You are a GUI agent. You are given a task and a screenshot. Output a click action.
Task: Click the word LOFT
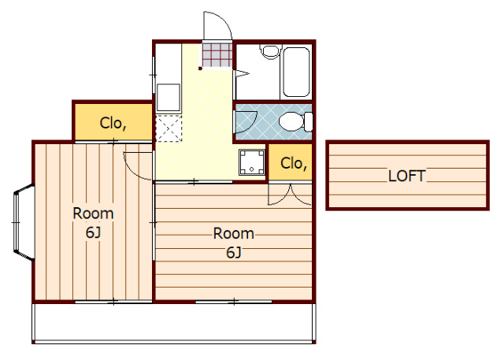coord(406,176)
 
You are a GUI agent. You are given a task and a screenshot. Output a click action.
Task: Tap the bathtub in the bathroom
coord(296,72)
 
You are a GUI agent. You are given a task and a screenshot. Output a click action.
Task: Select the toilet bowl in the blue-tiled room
coord(291,121)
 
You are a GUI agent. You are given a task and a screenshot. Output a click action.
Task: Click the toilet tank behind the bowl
coord(308,121)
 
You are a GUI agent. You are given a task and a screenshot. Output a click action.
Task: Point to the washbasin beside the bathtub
coord(270,52)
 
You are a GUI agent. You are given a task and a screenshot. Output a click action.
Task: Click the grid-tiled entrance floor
coord(217,55)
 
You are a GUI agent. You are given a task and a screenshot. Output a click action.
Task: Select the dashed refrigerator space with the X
coord(169,128)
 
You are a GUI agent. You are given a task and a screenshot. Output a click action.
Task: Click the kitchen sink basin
coord(168,98)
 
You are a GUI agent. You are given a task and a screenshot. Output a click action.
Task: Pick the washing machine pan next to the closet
coord(252,162)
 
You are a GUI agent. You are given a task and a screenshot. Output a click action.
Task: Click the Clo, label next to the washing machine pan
coord(294,163)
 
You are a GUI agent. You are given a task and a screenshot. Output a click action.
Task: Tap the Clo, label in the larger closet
coord(113,123)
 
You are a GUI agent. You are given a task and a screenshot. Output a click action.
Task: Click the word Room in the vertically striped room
coord(93,213)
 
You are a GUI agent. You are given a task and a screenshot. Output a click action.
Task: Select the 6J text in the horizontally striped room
coord(234,253)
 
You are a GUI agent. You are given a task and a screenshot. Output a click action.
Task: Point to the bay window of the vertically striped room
coord(24,222)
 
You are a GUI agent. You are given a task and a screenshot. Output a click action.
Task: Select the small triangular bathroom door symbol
coord(243,73)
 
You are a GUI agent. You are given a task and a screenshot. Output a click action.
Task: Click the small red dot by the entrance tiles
coord(200,69)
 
